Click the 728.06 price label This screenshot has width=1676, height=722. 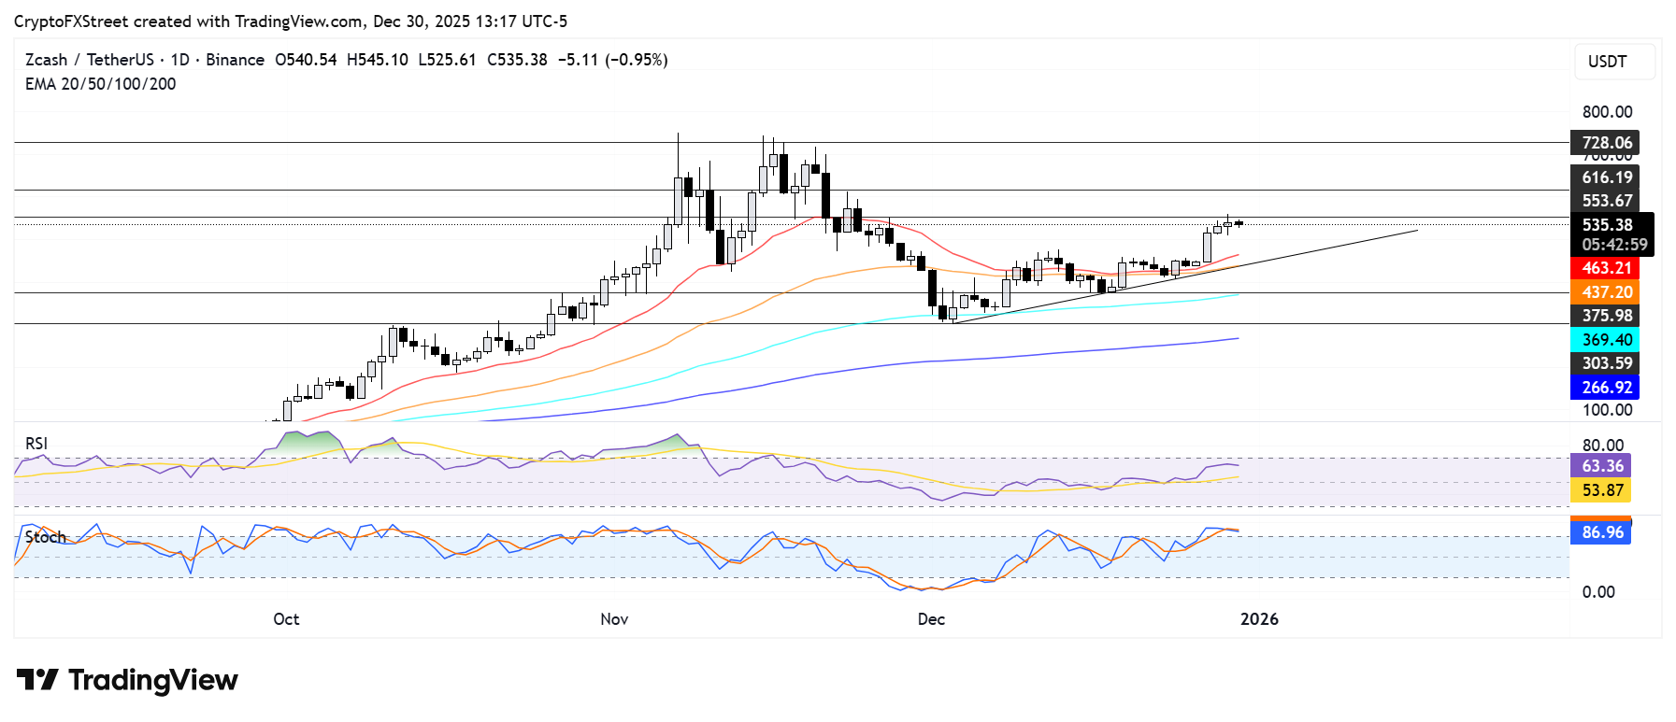[1605, 143]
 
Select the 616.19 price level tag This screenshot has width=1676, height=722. [1605, 177]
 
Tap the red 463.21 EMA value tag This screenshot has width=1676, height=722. [1605, 268]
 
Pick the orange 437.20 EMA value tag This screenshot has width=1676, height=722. [1605, 292]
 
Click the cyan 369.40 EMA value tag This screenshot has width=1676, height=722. [1605, 340]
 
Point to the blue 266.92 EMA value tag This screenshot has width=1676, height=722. [1605, 388]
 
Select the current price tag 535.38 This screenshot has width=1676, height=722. [1607, 225]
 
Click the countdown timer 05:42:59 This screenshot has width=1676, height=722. [1613, 245]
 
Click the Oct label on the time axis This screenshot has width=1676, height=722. [286, 619]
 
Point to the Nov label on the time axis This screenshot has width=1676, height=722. [614, 619]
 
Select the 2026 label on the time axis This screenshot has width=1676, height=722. [1258, 619]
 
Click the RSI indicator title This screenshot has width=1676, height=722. [36, 444]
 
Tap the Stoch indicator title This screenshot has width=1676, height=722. [45, 537]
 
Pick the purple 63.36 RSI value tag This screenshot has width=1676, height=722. [1601, 466]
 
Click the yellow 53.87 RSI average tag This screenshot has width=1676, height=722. [1601, 490]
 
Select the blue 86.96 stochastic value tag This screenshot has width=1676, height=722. [1601, 532]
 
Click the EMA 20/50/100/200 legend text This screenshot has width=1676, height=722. [100, 84]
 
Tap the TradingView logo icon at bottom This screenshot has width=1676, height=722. [37, 680]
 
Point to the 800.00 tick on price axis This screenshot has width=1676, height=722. [1607, 112]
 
